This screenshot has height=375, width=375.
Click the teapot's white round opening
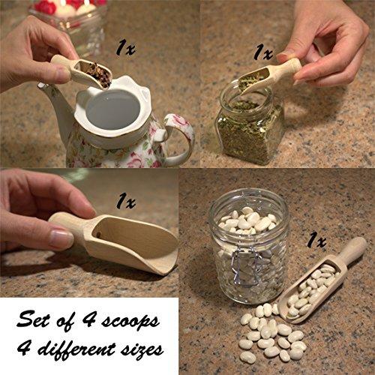pyautogui.click(x=112, y=110)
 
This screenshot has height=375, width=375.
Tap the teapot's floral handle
pyautogui.click(x=181, y=136)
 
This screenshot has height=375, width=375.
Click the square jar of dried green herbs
pyautogui.click(x=250, y=125)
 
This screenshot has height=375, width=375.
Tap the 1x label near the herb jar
pyautogui.click(x=263, y=52)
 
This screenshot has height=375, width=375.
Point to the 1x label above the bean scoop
pyautogui.click(x=316, y=241)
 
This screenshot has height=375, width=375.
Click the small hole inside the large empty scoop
pyautogui.click(x=99, y=235)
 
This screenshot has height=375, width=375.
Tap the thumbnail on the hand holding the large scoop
pyautogui.click(x=61, y=238)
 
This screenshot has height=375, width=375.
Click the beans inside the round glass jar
pyautogui.click(x=248, y=220)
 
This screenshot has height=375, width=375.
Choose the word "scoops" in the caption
pyautogui.click(x=130, y=321)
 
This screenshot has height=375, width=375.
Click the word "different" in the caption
pyautogui.click(x=78, y=349)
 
